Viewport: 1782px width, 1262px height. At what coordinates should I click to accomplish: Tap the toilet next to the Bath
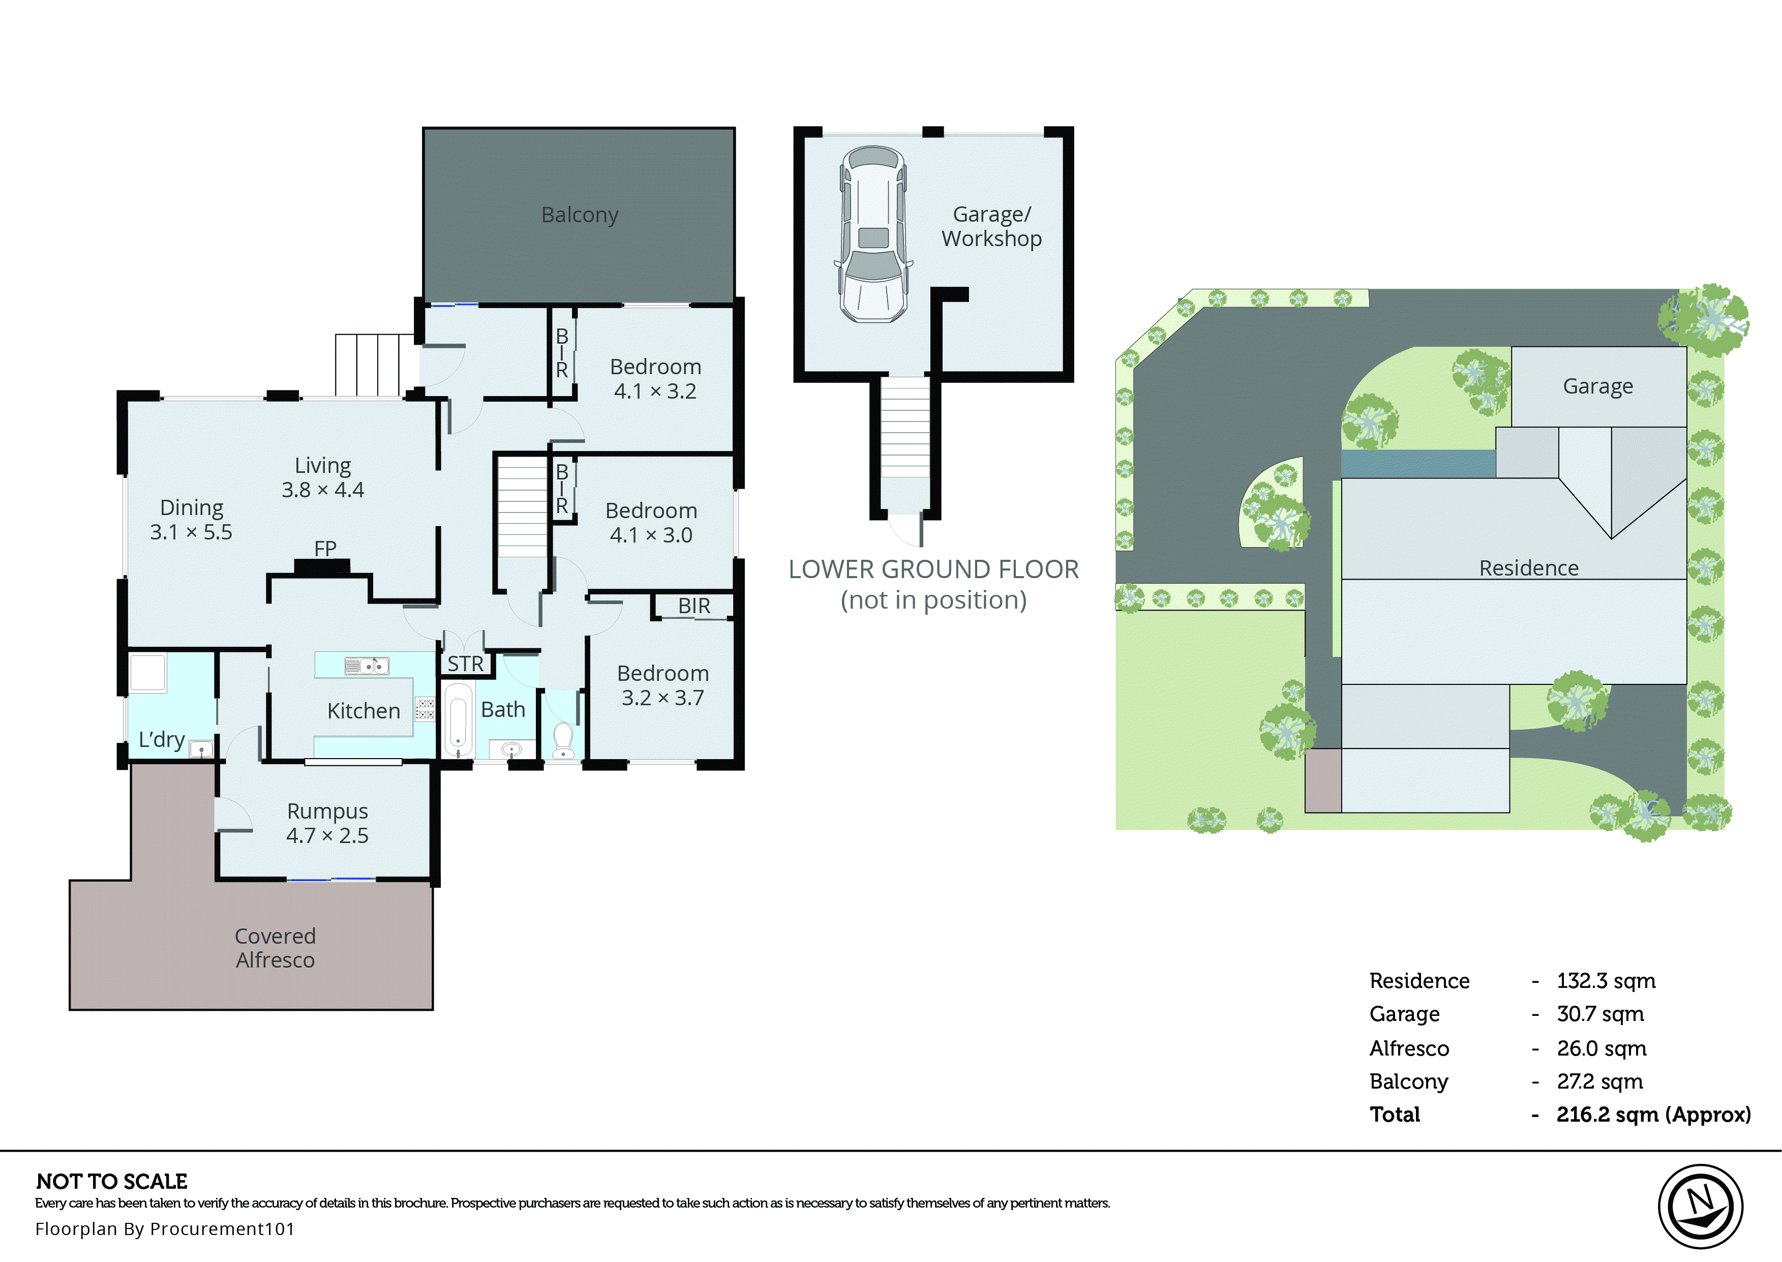pos(563,739)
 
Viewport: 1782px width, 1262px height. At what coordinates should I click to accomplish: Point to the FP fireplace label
pos(325,549)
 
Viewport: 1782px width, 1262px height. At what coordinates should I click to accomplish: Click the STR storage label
pos(465,664)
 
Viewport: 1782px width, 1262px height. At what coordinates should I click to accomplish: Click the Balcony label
pos(580,215)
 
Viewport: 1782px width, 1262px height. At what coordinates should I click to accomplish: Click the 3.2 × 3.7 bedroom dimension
pos(662,698)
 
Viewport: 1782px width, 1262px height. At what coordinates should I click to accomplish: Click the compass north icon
pos(1701,1206)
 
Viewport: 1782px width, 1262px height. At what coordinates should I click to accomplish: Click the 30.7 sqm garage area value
pos(1599,1014)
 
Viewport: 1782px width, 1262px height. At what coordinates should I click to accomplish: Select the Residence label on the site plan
pos(1528,568)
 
